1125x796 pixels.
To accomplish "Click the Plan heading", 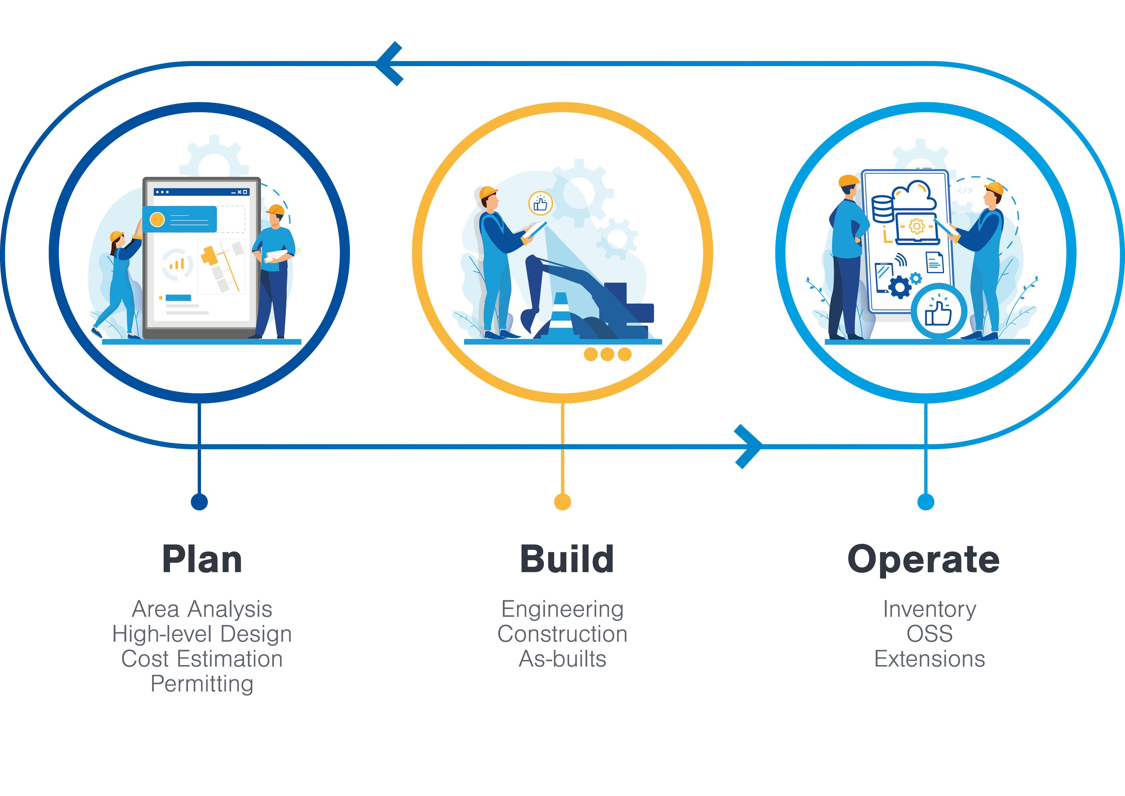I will point(202,560).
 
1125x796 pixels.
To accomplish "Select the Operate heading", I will point(924,560).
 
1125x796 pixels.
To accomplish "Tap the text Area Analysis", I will point(202,609).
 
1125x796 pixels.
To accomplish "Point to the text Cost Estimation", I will point(202,659).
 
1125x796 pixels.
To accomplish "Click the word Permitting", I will point(202,684).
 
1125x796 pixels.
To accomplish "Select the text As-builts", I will point(562,659).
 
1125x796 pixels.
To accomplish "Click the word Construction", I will point(562,634).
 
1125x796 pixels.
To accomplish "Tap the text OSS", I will point(929,634).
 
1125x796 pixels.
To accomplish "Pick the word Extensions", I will point(929,659).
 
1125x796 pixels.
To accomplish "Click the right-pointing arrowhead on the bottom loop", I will point(748,446).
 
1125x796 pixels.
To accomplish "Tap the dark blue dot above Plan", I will point(199,501).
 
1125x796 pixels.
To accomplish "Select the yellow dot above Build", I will point(562,501).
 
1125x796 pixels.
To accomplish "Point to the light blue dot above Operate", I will point(926,501).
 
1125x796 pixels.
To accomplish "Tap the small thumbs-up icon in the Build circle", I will point(540,203).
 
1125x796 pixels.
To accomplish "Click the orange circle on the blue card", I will point(157,219).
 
